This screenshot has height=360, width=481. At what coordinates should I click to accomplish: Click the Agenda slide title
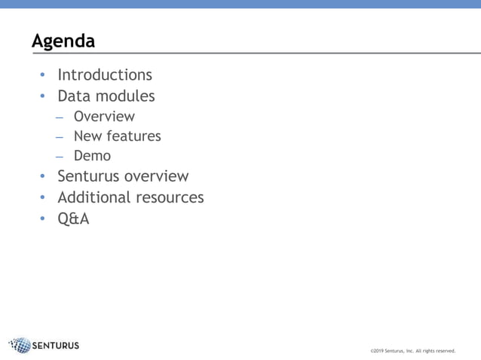tap(63, 41)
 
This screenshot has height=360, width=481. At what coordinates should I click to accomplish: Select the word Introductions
tap(105, 75)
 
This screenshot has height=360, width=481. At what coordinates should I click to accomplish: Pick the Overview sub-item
tap(104, 117)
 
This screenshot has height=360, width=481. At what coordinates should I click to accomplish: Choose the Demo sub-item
tap(92, 156)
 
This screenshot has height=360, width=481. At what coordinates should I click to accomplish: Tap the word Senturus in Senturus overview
tap(88, 177)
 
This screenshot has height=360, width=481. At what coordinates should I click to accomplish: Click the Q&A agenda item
tap(73, 219)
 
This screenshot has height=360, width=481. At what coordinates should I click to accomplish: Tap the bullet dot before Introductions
tap(42, 75)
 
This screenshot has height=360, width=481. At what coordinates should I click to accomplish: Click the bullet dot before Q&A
tap(42, 219)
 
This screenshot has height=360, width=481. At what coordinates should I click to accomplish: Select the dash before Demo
tap(60, 157)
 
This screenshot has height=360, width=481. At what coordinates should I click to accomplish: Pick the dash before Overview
tap(60, 117)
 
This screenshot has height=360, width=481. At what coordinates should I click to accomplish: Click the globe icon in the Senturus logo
tap(20, 346)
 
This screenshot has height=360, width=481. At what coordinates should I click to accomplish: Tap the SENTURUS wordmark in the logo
tap(56, 346)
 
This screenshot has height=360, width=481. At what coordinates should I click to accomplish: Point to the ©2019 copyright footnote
tap(412, 350)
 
